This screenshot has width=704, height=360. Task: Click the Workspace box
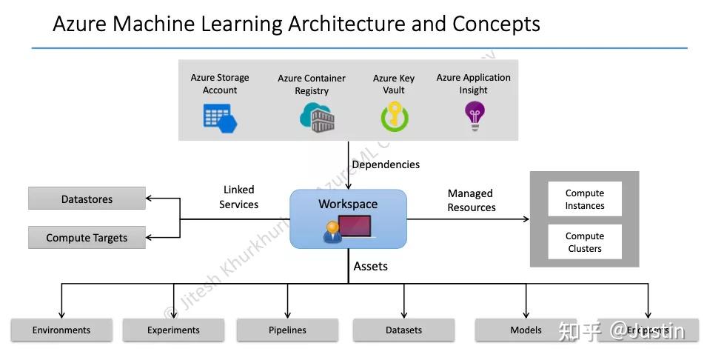348,219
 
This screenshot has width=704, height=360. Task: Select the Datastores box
87,199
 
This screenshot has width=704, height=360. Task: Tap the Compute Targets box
87,238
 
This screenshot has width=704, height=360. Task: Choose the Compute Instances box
584,199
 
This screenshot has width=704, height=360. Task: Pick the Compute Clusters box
584,242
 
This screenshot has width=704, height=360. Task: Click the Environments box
61,330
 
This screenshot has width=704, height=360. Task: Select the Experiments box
173,330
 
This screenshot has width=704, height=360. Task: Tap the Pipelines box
287,330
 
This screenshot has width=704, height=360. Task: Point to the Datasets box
403,330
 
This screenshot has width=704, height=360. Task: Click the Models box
526,330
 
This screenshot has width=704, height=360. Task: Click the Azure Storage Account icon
220,118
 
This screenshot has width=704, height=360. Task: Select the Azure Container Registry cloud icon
316,118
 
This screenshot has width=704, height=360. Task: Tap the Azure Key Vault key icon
394,118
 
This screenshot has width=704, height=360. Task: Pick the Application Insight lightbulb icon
473,116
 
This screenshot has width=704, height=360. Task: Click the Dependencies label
385,164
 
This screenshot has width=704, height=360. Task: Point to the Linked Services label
238,197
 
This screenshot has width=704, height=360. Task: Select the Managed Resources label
472,201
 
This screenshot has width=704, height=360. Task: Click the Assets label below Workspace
370,266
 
